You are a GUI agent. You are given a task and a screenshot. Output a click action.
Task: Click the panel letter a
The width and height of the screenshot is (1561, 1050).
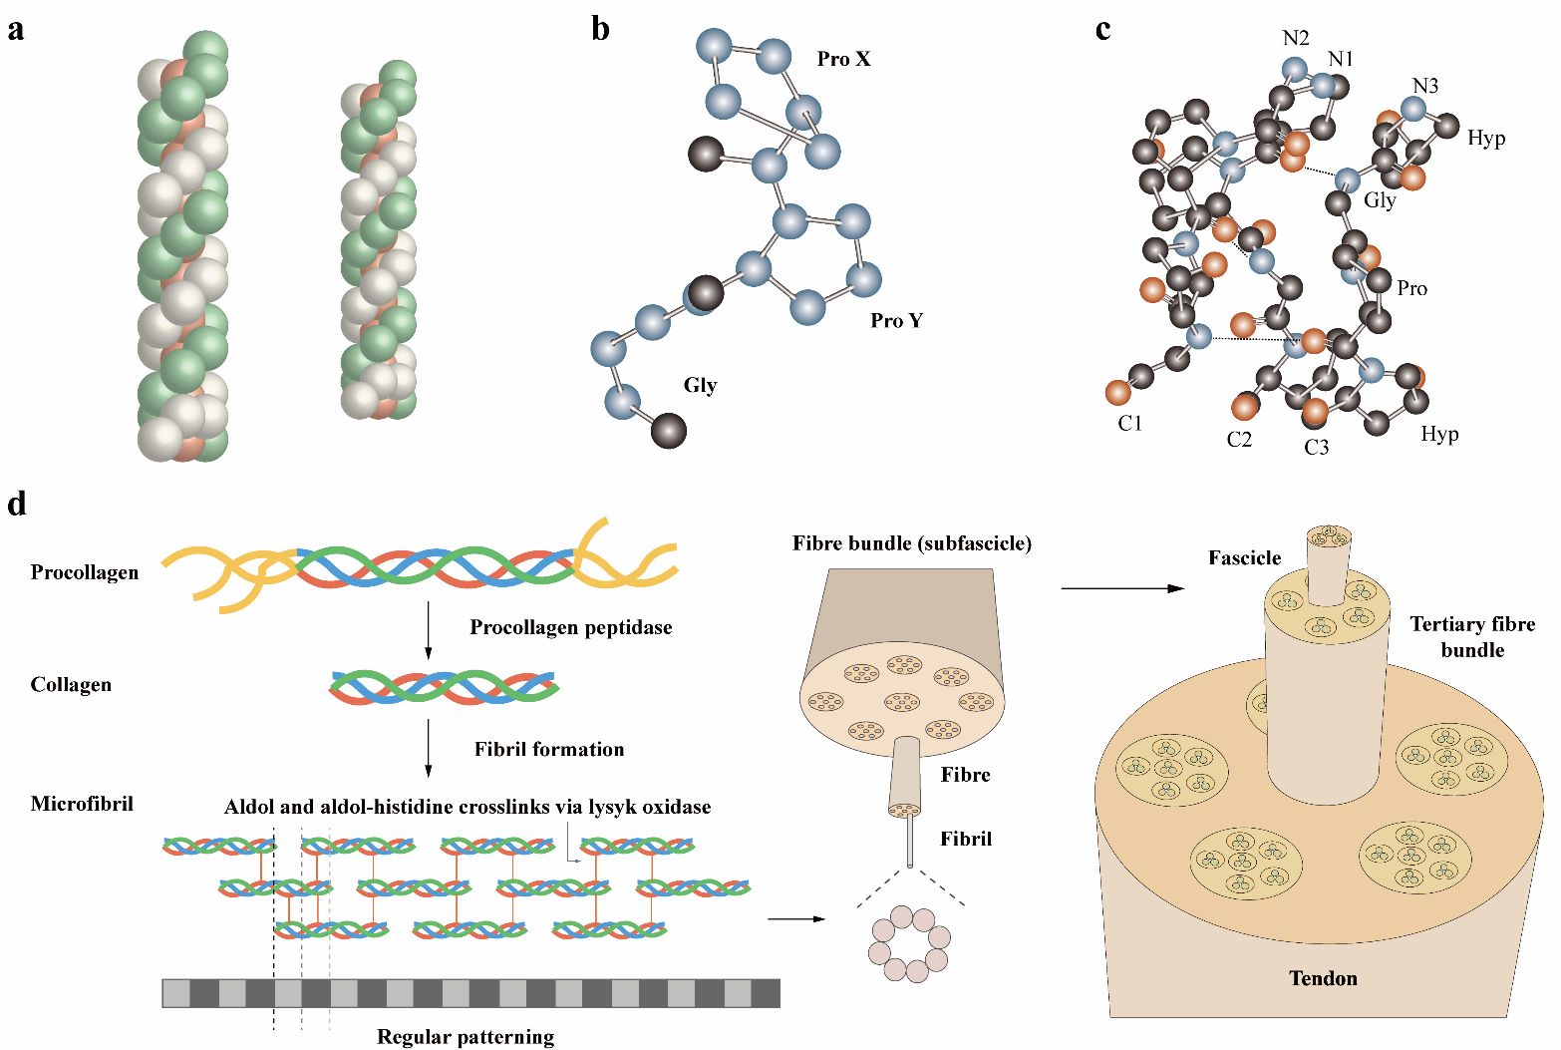[x=15, y=31]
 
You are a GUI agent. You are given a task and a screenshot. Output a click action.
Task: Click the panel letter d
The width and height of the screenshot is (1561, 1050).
[x=17, y=504]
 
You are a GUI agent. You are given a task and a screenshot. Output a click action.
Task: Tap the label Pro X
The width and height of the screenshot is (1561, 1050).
[x=844, y=59]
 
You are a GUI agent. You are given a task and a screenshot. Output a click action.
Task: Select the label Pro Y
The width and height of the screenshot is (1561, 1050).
[x=897, y=320]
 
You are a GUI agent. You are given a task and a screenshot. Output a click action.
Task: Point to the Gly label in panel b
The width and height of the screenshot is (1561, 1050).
[x=701, y=385]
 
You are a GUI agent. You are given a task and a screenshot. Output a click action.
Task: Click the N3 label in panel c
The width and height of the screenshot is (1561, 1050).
[x=1425, y=85]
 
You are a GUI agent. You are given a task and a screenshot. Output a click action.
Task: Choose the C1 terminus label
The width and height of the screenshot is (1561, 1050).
[x=1129, y=423]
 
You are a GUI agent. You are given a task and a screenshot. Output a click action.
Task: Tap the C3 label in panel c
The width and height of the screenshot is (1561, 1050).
[x=1317, y=447]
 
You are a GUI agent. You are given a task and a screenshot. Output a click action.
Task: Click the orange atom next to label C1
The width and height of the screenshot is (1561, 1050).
[x=1117, y=393]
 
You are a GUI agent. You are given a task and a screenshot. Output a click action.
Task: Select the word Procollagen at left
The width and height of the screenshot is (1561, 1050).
[x=85, y=572]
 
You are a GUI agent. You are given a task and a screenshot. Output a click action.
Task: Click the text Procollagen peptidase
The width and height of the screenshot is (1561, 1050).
[x=571, y=627]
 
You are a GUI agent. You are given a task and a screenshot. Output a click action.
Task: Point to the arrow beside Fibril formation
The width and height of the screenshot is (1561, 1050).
[x=428, y=748]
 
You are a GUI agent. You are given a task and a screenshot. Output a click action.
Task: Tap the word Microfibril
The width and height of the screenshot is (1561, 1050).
[x=82, y=804]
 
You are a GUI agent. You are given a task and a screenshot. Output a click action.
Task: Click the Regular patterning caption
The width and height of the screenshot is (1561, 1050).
[x=466, y=1037]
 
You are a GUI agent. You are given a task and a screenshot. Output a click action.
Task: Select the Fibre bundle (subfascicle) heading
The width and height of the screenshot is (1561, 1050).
[x=911, y=543]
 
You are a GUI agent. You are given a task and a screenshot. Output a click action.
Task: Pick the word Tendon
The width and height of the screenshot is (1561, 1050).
[x=1323, y=978]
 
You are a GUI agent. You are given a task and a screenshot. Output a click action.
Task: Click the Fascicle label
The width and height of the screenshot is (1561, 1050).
[x=1245, y=557]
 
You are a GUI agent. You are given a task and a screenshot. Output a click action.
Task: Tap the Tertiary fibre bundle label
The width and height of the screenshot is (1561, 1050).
[x=1472, y=636]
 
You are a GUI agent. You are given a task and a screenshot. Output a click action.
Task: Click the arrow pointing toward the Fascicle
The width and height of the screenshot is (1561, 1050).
[x=1122, y=588]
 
